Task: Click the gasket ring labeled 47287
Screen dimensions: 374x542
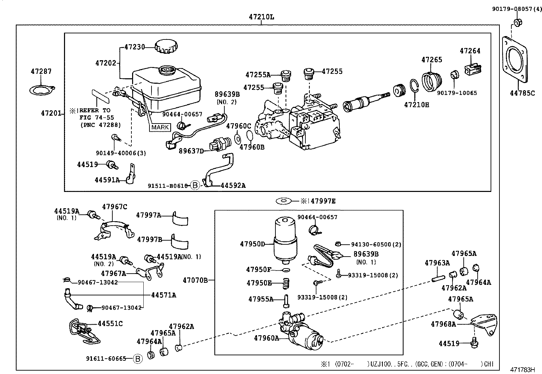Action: tap(42, 90)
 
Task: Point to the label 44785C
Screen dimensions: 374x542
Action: tap(522, 93)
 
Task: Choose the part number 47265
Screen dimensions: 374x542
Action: tap(432, 60)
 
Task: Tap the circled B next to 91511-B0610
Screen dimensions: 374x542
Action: tap(195, 185)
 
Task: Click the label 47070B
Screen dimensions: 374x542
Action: tap(195, 280)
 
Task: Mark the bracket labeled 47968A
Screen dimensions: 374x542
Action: tap(484, 324)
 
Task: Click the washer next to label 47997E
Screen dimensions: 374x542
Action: tap(284, 201)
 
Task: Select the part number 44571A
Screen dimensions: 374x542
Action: tap(163, 295)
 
